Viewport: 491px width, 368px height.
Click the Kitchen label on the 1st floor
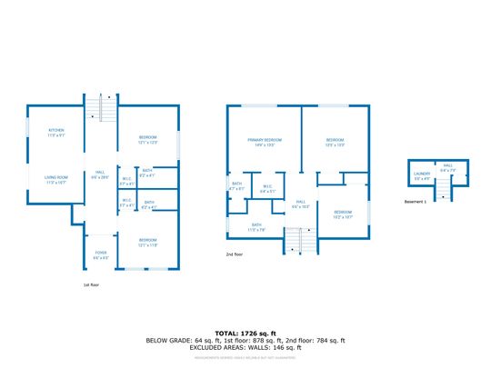55,133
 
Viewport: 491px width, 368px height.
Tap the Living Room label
56,180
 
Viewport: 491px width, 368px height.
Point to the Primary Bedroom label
265,142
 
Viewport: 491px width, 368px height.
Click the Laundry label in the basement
422,174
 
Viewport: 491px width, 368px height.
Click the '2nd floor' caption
235,254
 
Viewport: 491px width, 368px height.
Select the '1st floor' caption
90,283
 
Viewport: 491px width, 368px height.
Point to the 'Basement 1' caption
416,202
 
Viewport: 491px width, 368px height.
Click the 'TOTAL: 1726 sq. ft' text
245,333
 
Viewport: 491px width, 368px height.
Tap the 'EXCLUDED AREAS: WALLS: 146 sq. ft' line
245,347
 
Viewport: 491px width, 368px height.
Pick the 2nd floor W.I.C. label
267,191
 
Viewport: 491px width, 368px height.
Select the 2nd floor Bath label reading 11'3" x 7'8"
256,226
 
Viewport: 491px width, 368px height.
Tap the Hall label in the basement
447,168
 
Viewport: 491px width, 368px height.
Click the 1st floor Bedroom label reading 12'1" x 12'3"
148,141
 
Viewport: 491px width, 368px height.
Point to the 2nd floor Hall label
300,204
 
